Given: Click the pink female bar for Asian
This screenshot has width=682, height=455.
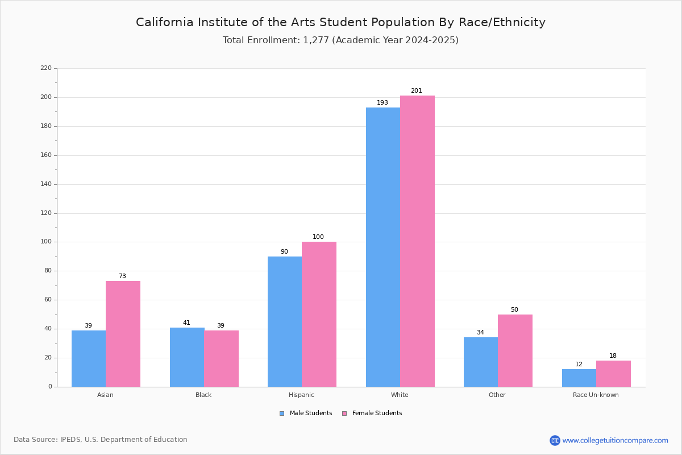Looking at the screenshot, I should point(123,334).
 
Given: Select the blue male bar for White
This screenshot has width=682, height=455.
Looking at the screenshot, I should point(383,247).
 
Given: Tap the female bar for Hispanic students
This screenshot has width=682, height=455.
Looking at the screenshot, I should point(319,314).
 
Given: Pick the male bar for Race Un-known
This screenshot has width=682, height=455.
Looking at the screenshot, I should point(579,378).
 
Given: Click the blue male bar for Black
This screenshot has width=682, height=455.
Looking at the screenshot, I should point(187,357).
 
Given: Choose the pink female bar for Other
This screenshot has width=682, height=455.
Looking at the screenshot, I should point(515,350).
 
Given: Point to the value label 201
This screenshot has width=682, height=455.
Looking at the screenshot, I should point(417,91).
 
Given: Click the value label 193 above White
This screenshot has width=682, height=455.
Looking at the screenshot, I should point(382,103).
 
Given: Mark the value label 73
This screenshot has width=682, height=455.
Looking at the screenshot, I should point(122,276).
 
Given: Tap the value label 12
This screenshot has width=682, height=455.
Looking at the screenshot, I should point(579,365).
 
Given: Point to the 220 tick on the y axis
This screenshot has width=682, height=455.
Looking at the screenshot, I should point(46,68).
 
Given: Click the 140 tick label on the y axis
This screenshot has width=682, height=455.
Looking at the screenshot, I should point(46,184).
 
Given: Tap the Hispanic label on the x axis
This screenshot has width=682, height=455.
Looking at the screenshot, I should point(301,395).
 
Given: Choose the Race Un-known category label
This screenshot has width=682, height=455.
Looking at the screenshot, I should point(596,395).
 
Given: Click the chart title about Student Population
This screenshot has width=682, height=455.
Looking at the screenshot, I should point(340,22).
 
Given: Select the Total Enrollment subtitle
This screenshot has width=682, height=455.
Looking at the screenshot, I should point(340,40).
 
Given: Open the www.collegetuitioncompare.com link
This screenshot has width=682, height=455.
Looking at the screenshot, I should point(615,440).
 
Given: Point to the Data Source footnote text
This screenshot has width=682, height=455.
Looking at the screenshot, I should point(101,440).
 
